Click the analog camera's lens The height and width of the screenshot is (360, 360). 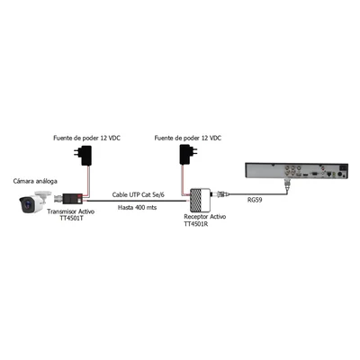click(27, 205)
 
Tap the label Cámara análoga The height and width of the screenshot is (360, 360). click(35, 181)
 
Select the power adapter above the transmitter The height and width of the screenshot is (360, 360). click(85, 156)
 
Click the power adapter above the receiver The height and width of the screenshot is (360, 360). click(187, 154)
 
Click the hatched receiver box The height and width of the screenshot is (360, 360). click(200, 200)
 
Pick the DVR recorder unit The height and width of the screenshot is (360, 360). click(297, 170)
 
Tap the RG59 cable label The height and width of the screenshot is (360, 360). click(255, 200)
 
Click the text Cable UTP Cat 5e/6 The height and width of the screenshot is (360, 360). click(139, 194)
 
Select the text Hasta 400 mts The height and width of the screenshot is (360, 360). click(137, 207)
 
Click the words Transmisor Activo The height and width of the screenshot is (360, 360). click(71, 211)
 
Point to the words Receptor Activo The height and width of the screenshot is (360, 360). click(205, 217)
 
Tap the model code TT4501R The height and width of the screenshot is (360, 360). click(196, 224)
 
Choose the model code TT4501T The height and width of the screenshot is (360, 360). click(71, 219)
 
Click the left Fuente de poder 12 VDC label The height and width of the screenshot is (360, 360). click(87, 138)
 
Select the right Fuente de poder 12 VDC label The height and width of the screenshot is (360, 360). click(188, 138)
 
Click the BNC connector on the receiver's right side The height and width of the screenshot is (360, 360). click(220, 194)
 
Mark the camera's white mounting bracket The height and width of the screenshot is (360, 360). click(42, 194)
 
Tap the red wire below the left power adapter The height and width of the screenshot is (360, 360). click(89, 180)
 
